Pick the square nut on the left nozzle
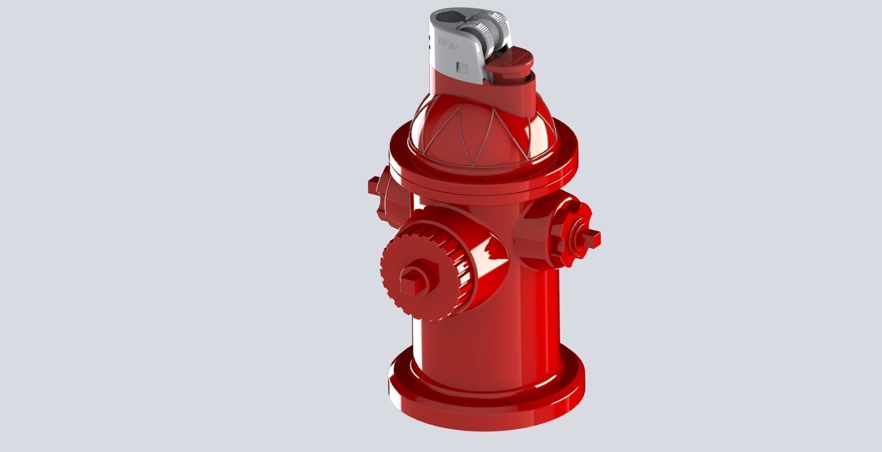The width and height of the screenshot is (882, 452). [373, 185]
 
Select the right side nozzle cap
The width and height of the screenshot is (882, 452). [566, 231]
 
